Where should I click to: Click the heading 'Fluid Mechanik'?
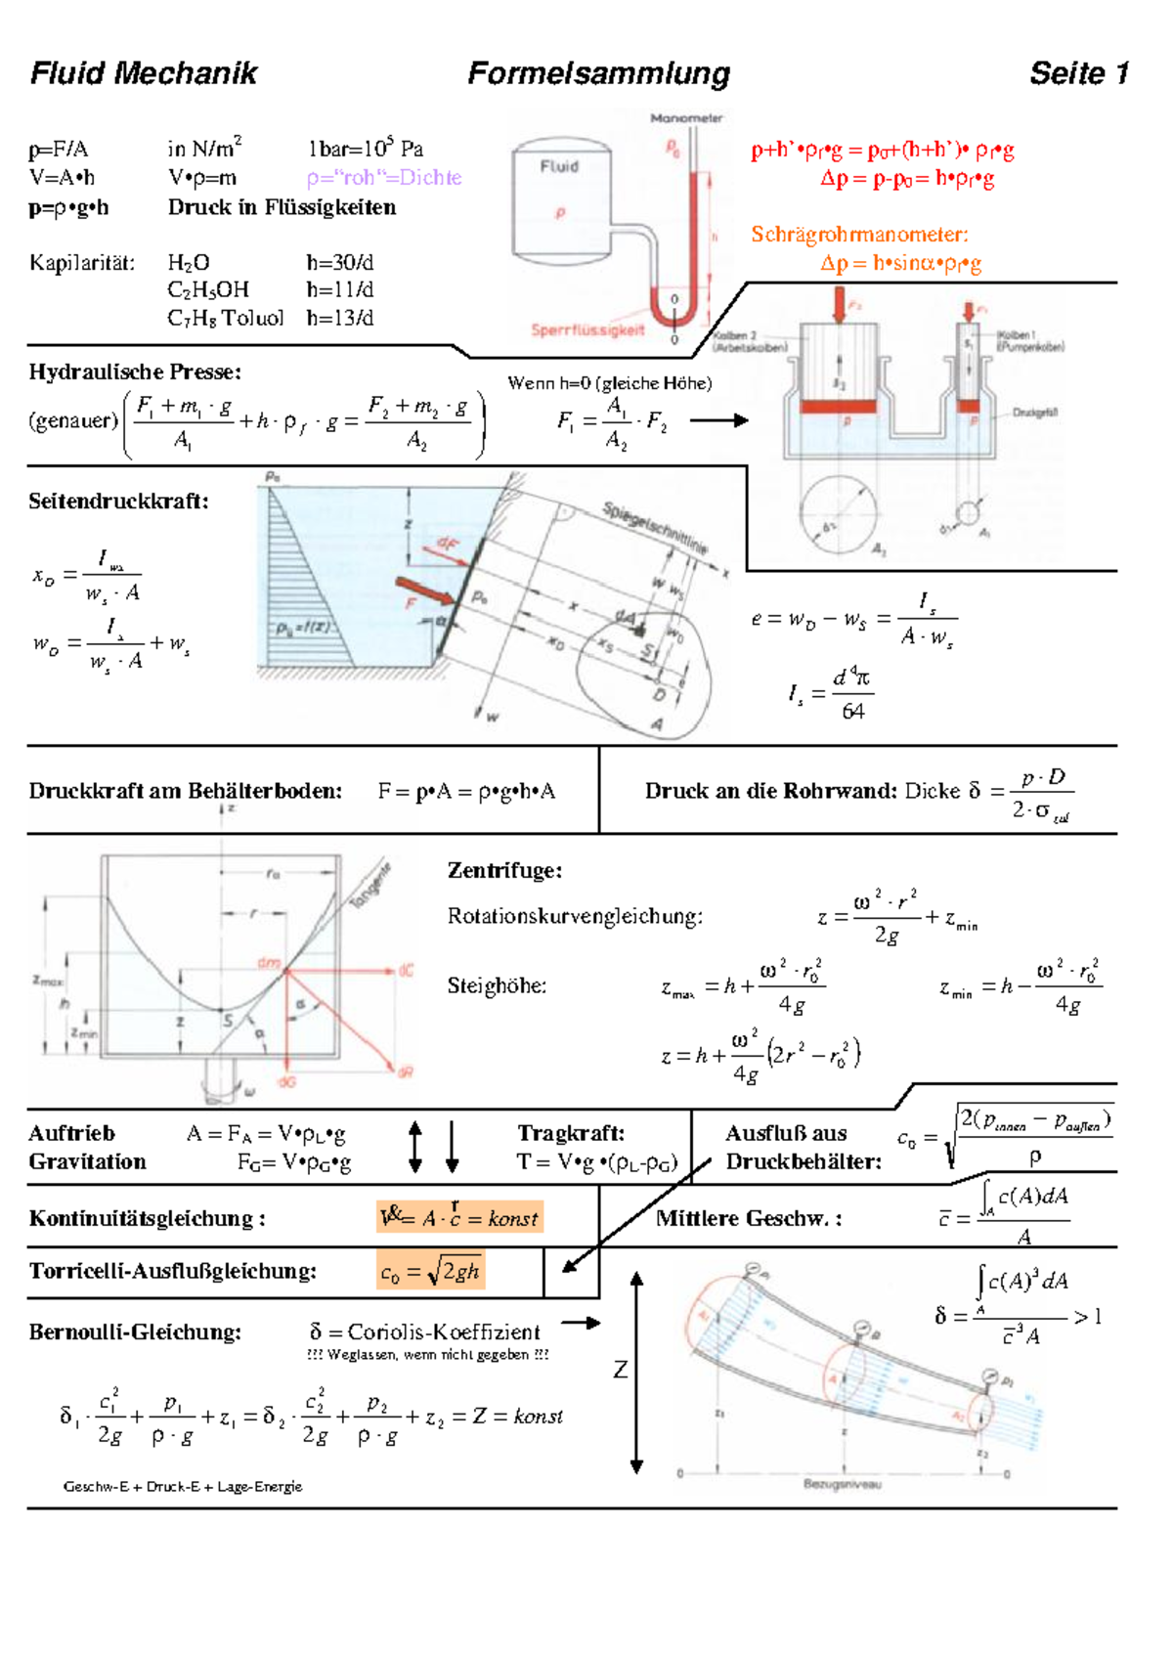point(144,73)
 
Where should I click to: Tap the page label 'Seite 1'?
point(1079,73)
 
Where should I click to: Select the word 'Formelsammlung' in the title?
point(598,73)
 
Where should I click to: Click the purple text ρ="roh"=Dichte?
point(383,178)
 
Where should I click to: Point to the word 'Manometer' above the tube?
point(686,118)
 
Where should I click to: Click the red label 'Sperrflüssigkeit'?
point(587,330)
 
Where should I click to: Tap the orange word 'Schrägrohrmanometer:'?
point(859,235)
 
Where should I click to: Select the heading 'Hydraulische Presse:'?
point(135,372)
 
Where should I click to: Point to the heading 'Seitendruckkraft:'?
point(118,502)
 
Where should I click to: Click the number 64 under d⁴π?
point(852,712)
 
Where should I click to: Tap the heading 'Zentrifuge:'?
point(504,870)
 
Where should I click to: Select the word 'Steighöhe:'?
point(497,985)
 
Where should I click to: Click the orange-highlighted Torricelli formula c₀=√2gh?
point(430,1271)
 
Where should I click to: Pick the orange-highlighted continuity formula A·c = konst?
point(458,1218)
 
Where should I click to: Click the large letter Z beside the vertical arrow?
point(620,1370)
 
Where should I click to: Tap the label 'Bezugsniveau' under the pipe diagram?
point(842,1484)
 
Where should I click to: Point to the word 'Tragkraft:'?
point(571,1133)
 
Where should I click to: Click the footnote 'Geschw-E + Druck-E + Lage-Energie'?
point(183,1487)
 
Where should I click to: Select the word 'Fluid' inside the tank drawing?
point(559,166)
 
